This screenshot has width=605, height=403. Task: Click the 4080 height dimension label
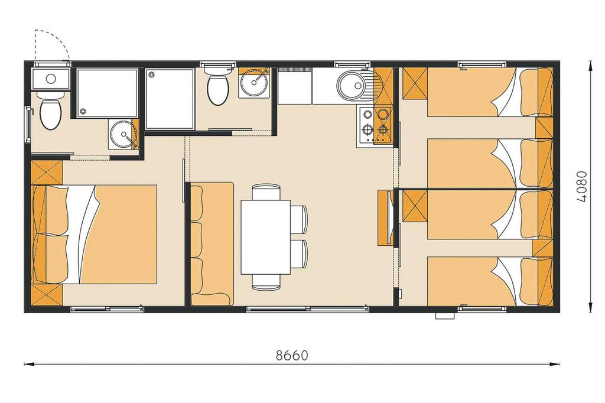tap(581, 187)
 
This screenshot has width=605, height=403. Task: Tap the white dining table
tap(265, 237)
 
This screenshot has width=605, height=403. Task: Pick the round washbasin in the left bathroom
tap(122, 134)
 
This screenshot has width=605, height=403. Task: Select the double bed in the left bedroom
tap(94, 235)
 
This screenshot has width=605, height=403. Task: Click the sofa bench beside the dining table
tap(212, 244)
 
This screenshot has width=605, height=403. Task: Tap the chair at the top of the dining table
tap(266, 192)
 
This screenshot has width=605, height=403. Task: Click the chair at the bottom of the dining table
tap(266, 282)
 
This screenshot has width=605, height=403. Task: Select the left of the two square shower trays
tap(106, 93)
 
